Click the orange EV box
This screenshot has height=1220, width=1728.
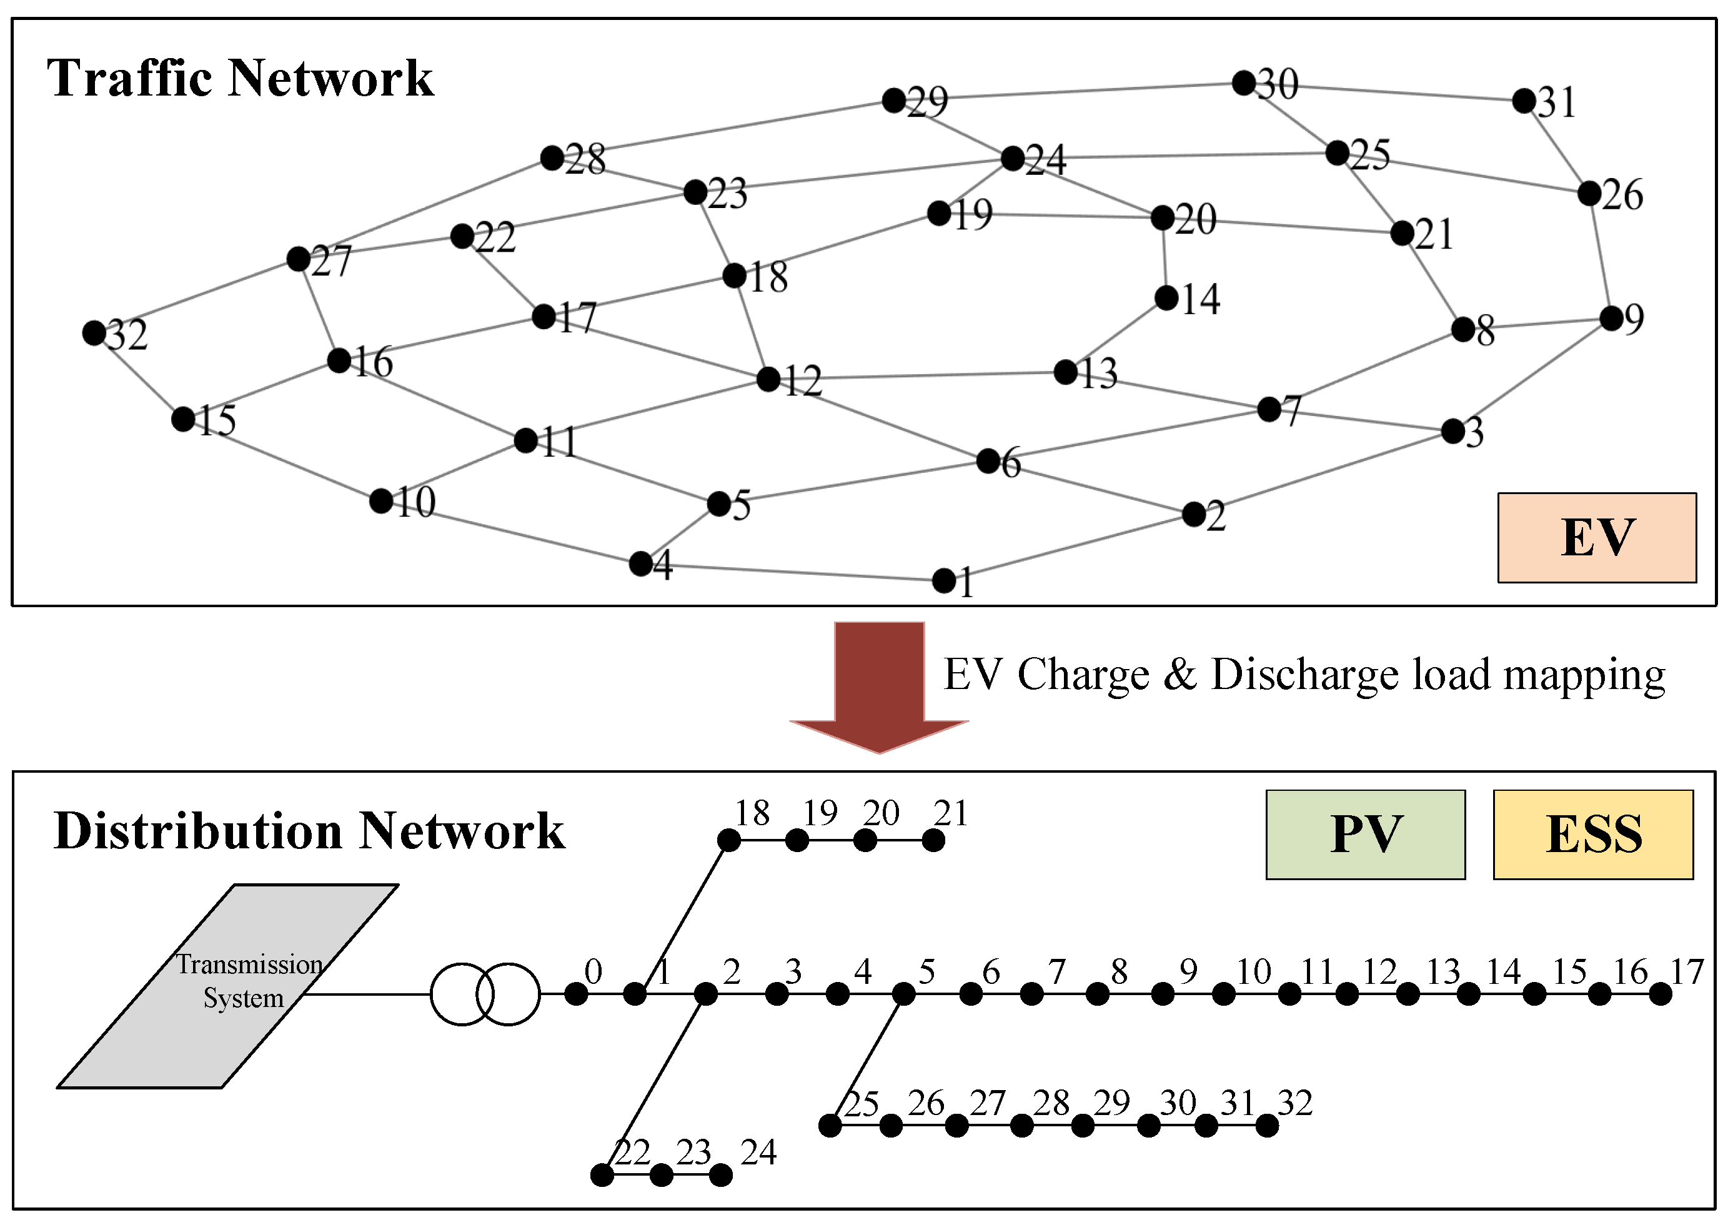(x=1596, y=537)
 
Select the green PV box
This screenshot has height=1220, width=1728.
(x=1365, y=834)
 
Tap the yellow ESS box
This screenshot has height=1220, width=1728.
(x=1592, y=834)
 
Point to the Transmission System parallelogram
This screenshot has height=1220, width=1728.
(x=228, y=985)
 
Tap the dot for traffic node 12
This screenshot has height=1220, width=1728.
(x=768, y=379)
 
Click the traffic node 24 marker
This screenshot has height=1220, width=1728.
(x=1013, y=158)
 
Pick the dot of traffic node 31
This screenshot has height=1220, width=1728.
(x=1524, y=100)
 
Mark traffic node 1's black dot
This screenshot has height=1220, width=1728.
(x=944, y=580)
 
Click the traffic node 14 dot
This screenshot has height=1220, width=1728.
(x=1166, y=298)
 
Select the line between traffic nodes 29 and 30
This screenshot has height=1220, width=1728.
(x=1069, y=91)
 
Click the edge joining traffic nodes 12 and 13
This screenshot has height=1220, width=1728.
(x=916, y=375)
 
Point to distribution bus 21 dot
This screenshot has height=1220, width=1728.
(x=933, y=840)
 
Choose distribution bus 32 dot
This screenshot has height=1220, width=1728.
(x=1268, y=1126)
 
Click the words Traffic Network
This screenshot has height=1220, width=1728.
(x=240, y=77)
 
